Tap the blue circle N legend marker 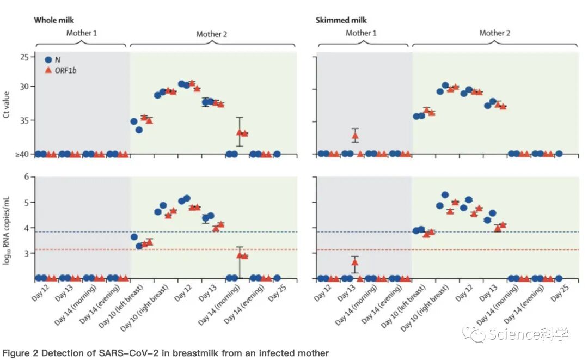click(x=48, y=59)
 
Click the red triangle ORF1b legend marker click(x=48, y=70)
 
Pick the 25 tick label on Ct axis click(x=24, y=57)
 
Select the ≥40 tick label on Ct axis click(x=22, y=155)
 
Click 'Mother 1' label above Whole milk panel click(x=82, y=33)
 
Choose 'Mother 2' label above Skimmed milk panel click(x=494, y=33)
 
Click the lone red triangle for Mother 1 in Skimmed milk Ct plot click(x=355, y=136)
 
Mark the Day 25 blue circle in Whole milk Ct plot click(x=277, y=154)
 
